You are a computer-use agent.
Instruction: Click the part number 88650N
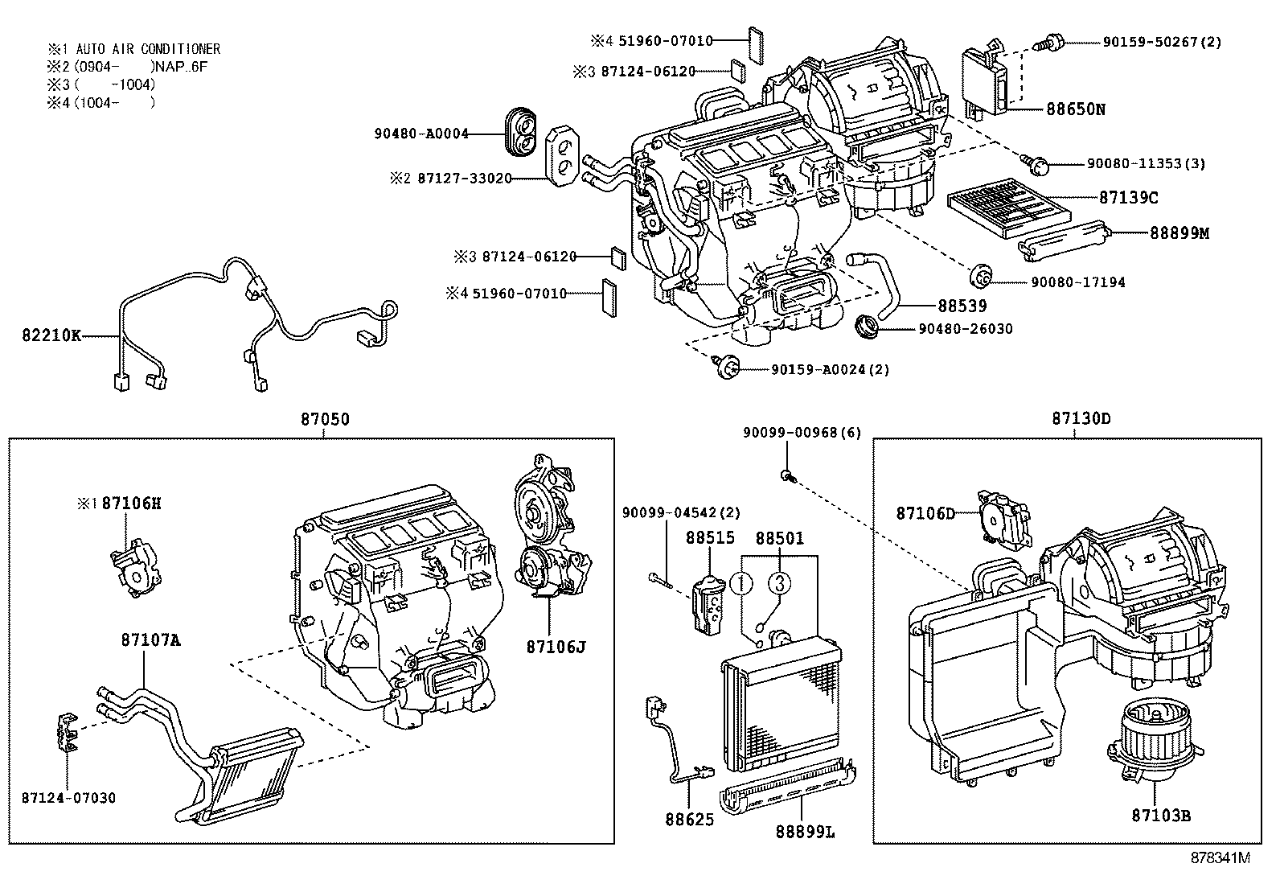(x=1075, y=109)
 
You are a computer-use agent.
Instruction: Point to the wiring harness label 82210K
(x=51, y=335)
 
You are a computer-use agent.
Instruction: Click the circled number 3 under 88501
(x=779, y=583)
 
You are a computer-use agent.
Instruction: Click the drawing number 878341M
(x=1221, y=857)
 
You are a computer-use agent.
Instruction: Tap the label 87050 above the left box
(x=325, y=419)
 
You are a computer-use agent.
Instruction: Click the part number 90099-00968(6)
(x=802, y=433)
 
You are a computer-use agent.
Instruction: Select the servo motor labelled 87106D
(x=1000, y=523)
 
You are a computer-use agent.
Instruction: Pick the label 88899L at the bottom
(x=805, y=833)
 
